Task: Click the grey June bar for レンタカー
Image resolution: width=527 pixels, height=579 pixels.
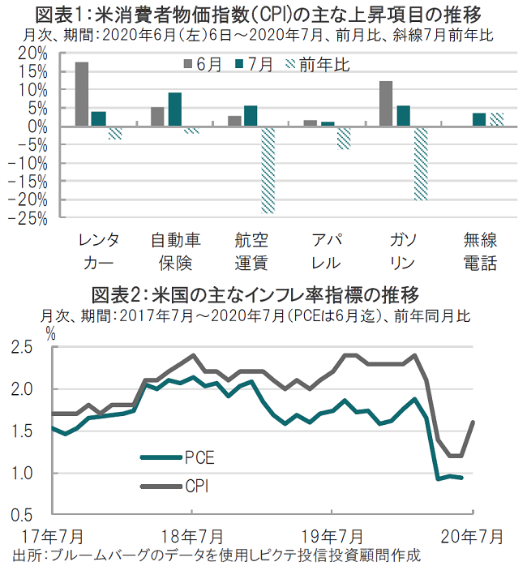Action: (82, 94)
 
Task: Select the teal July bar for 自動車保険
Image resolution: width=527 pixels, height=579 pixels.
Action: (174, 109)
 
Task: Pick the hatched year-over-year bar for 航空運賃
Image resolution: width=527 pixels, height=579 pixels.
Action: (268, 169)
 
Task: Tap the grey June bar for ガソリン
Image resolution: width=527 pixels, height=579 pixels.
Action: (386, 104)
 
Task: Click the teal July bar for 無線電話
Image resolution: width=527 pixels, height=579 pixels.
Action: (479, 120)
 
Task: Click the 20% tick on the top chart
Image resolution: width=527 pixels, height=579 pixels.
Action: (29, 53)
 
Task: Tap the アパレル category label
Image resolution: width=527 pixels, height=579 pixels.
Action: (328, 251)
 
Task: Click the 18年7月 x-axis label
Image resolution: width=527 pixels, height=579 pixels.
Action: (192, 536)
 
